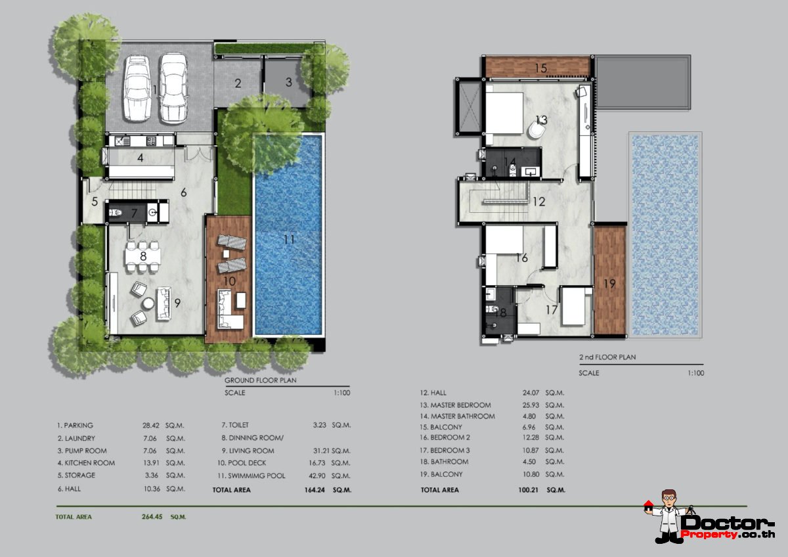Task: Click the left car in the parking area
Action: pos(137,89)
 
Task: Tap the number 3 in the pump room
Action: pos(289,82)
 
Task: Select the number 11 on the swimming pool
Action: pos(289,240)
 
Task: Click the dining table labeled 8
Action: pos(143,256)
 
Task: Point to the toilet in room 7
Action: pos(116,212)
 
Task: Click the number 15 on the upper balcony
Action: pos(541,68)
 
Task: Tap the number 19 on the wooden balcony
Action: pos(609,284)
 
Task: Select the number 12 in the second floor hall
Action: pos(539,202)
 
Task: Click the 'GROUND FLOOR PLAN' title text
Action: pos(260,380)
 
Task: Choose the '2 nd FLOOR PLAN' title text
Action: pos(607,357)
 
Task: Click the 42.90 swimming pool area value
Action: pos(317,476)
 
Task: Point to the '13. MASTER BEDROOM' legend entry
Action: pos(455,405)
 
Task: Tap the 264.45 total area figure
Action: pos(152,517)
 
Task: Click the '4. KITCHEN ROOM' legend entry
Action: pos(86,463)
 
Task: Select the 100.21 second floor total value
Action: pos(528,490)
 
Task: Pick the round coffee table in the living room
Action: pos(148,303)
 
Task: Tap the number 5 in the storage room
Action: pos(95,202)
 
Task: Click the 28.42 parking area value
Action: pos(150,426)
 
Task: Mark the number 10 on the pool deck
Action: pos(229,282)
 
